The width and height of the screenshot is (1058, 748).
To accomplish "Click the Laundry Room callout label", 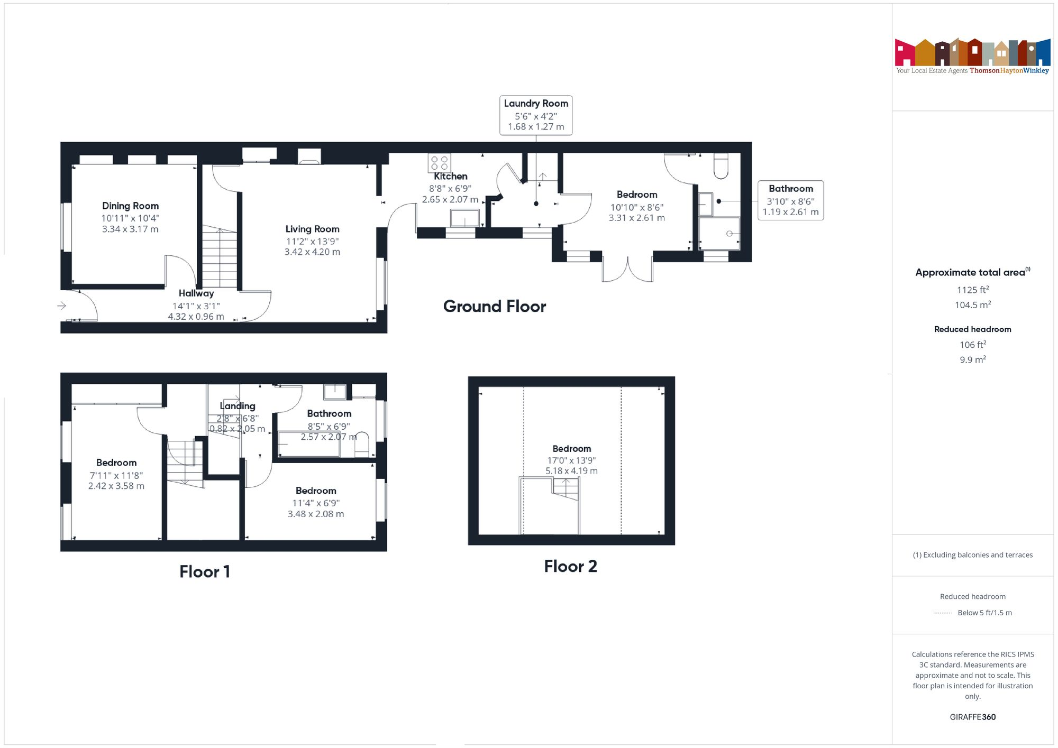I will (x=535, y=115).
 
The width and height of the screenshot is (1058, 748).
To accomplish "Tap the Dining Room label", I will (x=130, y=206).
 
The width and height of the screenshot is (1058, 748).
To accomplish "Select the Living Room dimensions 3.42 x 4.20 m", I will (x=312, y=252).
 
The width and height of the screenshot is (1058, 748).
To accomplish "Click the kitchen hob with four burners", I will (x=439, y=162).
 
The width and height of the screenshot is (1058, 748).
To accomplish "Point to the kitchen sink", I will (x=464, y=218).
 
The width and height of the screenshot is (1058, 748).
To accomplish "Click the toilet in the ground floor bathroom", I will (x=720, y=165).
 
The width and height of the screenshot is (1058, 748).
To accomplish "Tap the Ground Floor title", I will (x=494, y=306).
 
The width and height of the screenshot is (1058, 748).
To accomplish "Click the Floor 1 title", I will (x=204, y=571).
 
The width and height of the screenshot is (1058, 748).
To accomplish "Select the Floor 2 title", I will (x=570, y=566).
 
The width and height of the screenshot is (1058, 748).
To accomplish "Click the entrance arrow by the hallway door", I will (x=62, y=306).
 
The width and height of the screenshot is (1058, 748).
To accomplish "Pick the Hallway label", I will (x=196, y=293).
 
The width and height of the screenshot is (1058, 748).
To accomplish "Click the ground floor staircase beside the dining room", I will (x=219, y=257).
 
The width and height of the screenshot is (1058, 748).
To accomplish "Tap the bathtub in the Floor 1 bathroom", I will (x=309, y=445).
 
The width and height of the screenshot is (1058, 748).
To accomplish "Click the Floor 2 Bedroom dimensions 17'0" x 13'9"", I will (x=571, y=460).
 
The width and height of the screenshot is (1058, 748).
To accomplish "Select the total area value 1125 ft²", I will (x=972, y=290).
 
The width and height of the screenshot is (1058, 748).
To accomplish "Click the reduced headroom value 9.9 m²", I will (x=972, y=359).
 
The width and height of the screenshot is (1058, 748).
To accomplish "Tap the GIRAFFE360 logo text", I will (x=972, y=717).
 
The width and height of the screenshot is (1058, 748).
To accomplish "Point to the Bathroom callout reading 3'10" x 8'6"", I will (x=790, y=200).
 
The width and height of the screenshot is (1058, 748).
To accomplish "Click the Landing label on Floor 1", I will (x=238, y=406).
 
